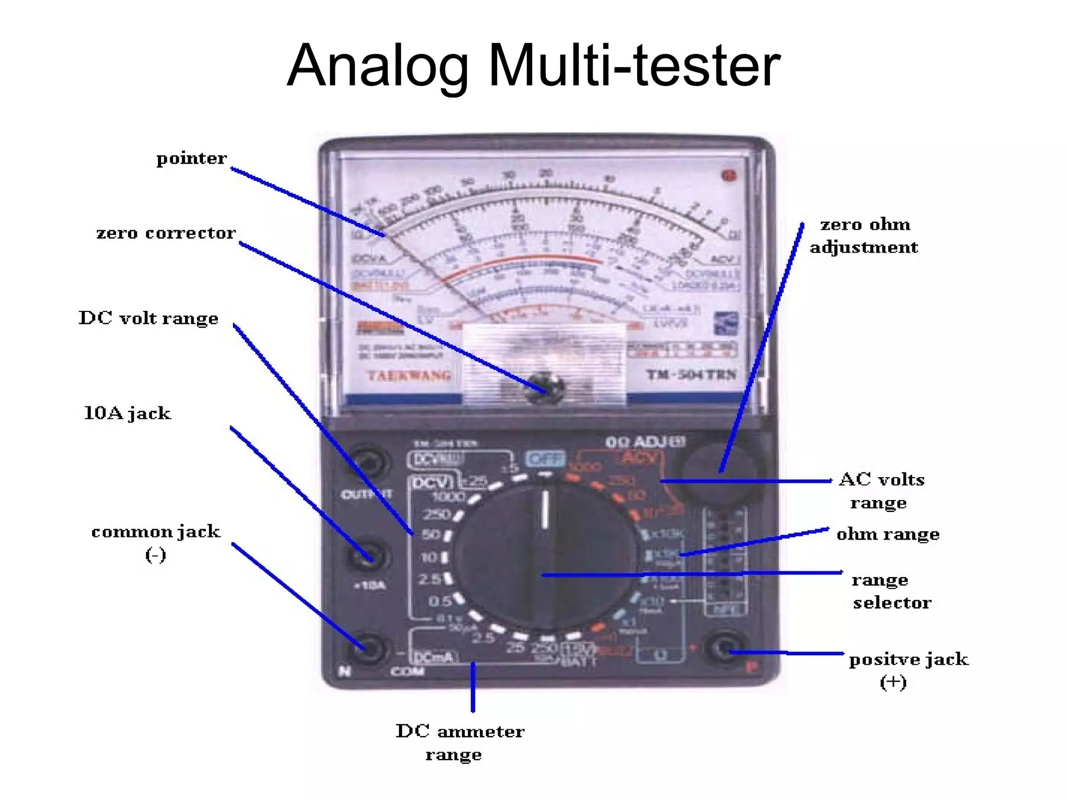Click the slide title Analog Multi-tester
pos(533,66)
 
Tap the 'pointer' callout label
pos(191,158)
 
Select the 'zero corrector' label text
pos(166,233)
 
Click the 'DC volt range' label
pos(148,318)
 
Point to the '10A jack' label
pos(128,414)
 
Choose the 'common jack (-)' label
pos(156,542)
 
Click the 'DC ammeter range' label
pos(460,742)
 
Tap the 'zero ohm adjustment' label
pos(864,236)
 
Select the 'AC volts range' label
pos(881,491)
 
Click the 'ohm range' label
pos(888,534)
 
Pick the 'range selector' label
pos(891,591)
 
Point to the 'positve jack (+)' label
pos(908,670)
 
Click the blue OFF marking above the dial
pos(545,459)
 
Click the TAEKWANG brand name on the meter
pos(409,376)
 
